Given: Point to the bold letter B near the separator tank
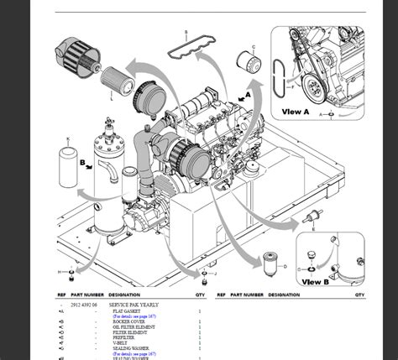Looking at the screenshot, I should tap(82, 164).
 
